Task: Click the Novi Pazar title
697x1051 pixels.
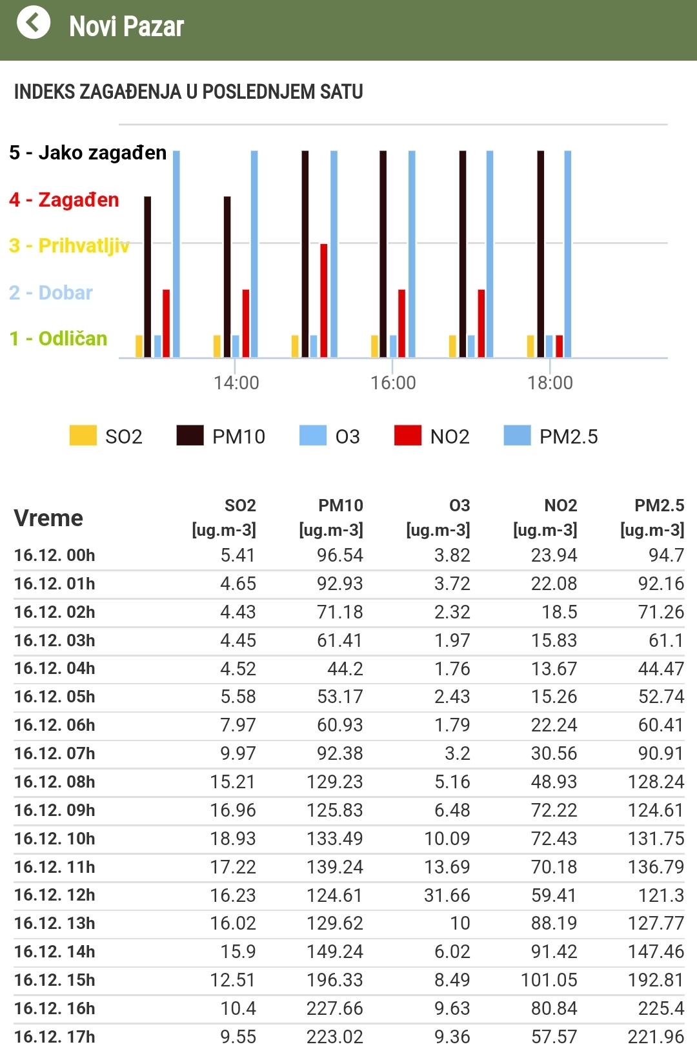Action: (126, 27)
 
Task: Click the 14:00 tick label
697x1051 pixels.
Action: (236, 383)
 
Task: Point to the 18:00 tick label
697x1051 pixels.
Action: (550, 383)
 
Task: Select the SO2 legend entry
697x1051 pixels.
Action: (106, 436)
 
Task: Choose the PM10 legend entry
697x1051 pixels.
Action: (221, 436)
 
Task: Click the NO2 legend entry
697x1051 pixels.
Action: (432, 436)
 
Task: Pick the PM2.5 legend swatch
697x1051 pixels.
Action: (517, 436)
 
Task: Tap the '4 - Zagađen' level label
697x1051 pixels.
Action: (65, 199)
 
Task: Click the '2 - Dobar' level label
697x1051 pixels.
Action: (52, 292)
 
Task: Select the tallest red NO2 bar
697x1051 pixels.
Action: (324, 300)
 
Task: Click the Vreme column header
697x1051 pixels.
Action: (48, 518)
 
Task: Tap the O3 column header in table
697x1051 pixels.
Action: (459, 505)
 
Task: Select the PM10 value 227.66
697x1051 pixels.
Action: (334, 1008)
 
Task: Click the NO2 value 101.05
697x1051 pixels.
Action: (549, 980)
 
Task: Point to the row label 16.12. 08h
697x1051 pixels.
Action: (55, 782)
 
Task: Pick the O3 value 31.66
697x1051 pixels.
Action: (447, 895)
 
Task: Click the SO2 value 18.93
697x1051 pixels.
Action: (232, 839)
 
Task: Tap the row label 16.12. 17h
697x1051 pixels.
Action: (55, 1037)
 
